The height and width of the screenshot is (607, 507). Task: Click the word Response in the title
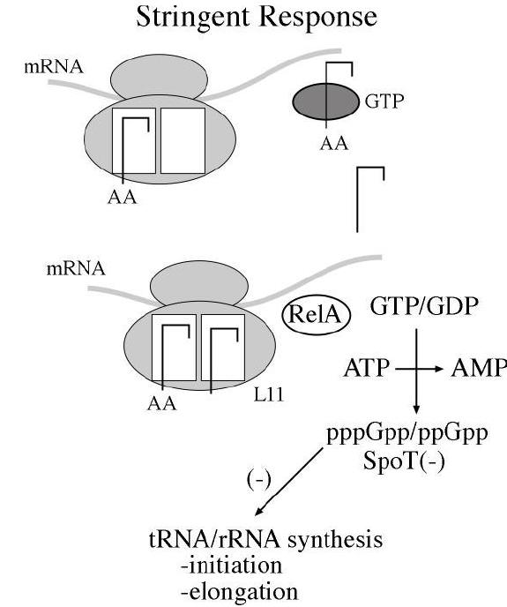click(x=318, y=18)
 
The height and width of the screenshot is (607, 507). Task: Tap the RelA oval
click(x=316, y=315)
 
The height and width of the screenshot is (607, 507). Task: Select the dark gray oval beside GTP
click(x=326, y=102)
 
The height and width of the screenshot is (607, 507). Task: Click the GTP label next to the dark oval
click(x=384, y=101)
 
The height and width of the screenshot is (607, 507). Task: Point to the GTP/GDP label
click(x=425, y=306)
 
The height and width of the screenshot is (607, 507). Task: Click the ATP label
click(x=366, y=368)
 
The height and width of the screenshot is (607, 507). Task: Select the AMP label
click(x=479, y=368)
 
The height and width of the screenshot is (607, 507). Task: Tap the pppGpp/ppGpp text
click(x=407, y=434)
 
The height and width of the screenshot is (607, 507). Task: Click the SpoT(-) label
click(x=404, y=461)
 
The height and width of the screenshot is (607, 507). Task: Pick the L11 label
click(x=269, y=395)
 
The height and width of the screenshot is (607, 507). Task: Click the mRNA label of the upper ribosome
click(x=54, y=66)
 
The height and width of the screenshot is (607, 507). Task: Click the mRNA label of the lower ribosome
click(x=76, y=268)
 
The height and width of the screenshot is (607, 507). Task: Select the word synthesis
click(x=335, y=539)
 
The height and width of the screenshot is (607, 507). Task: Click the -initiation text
click(x=231, y=566)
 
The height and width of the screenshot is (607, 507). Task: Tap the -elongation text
click(x=239, y=592)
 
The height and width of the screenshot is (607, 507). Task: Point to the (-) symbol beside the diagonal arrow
click(x=259, y=480)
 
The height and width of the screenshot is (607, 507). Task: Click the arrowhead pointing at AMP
click(x=437, y=369)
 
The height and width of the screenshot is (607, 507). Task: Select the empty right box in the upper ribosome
click(x=183, y=140)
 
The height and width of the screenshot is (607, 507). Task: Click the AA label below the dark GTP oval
click(x=334, y=144)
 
